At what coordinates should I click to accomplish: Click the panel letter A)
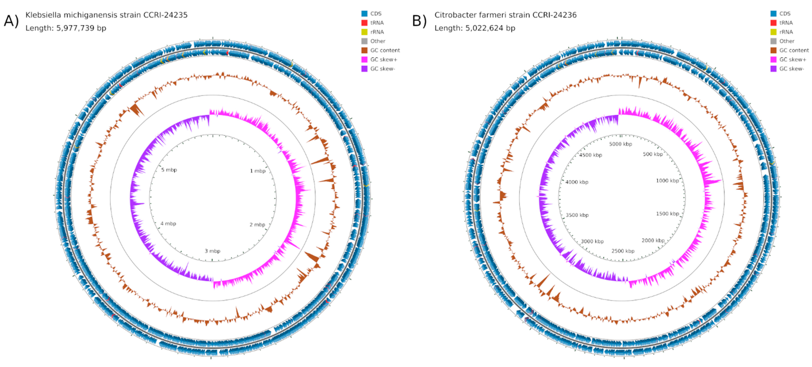tap(11, 21)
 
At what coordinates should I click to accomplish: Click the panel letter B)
tap(420, 21)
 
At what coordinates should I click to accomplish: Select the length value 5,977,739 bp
tap(81, 28)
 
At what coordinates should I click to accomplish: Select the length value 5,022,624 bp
tap(490, 28)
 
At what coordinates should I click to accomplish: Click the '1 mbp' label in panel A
tap(258, 171)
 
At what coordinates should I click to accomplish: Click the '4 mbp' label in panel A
tap(168, 224)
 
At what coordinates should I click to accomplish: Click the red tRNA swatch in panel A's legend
tap(364, 23)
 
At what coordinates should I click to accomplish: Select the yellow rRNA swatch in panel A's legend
tap(364, 32)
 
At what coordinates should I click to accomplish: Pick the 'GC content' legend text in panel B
tap(794, 50)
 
